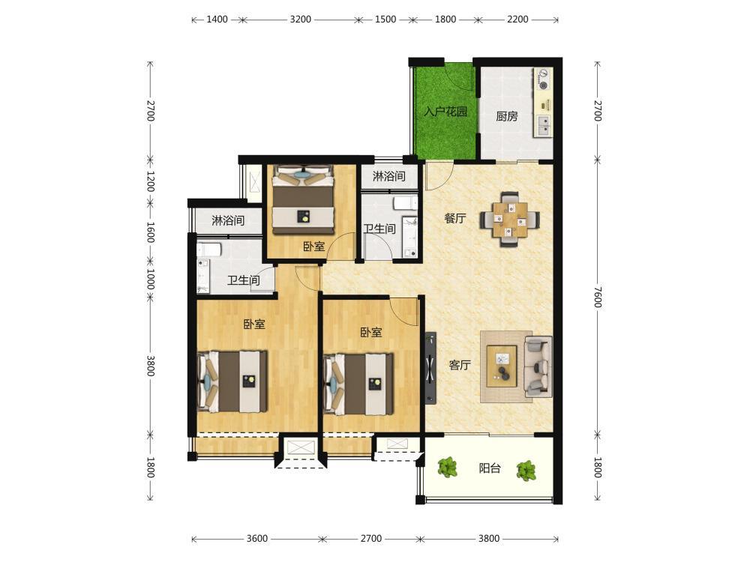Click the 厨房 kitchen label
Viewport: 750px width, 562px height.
pos(506,116)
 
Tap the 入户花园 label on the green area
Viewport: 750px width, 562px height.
pos(445,112)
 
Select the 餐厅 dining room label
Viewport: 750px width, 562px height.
pos(455,218)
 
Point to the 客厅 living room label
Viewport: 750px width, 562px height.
pos(460,366)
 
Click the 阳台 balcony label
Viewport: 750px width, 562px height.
pos(490,468)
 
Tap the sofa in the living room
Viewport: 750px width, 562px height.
pos(538,366)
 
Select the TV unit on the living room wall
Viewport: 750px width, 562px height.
pos(430,367)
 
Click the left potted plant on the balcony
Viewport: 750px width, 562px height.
pos(447,468)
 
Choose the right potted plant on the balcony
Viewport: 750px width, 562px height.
pos(526,471)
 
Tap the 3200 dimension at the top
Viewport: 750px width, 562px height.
pos(301,19)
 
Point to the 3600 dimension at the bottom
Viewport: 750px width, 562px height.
pos(256,539)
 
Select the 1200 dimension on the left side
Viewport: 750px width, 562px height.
pos(150,181)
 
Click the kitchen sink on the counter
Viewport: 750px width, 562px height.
pos(544,126)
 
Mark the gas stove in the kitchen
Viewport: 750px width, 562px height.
pos(543,79)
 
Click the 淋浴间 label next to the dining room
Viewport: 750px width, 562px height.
pos(388,176)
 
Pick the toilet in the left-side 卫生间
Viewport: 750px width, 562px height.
pos(209,249)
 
